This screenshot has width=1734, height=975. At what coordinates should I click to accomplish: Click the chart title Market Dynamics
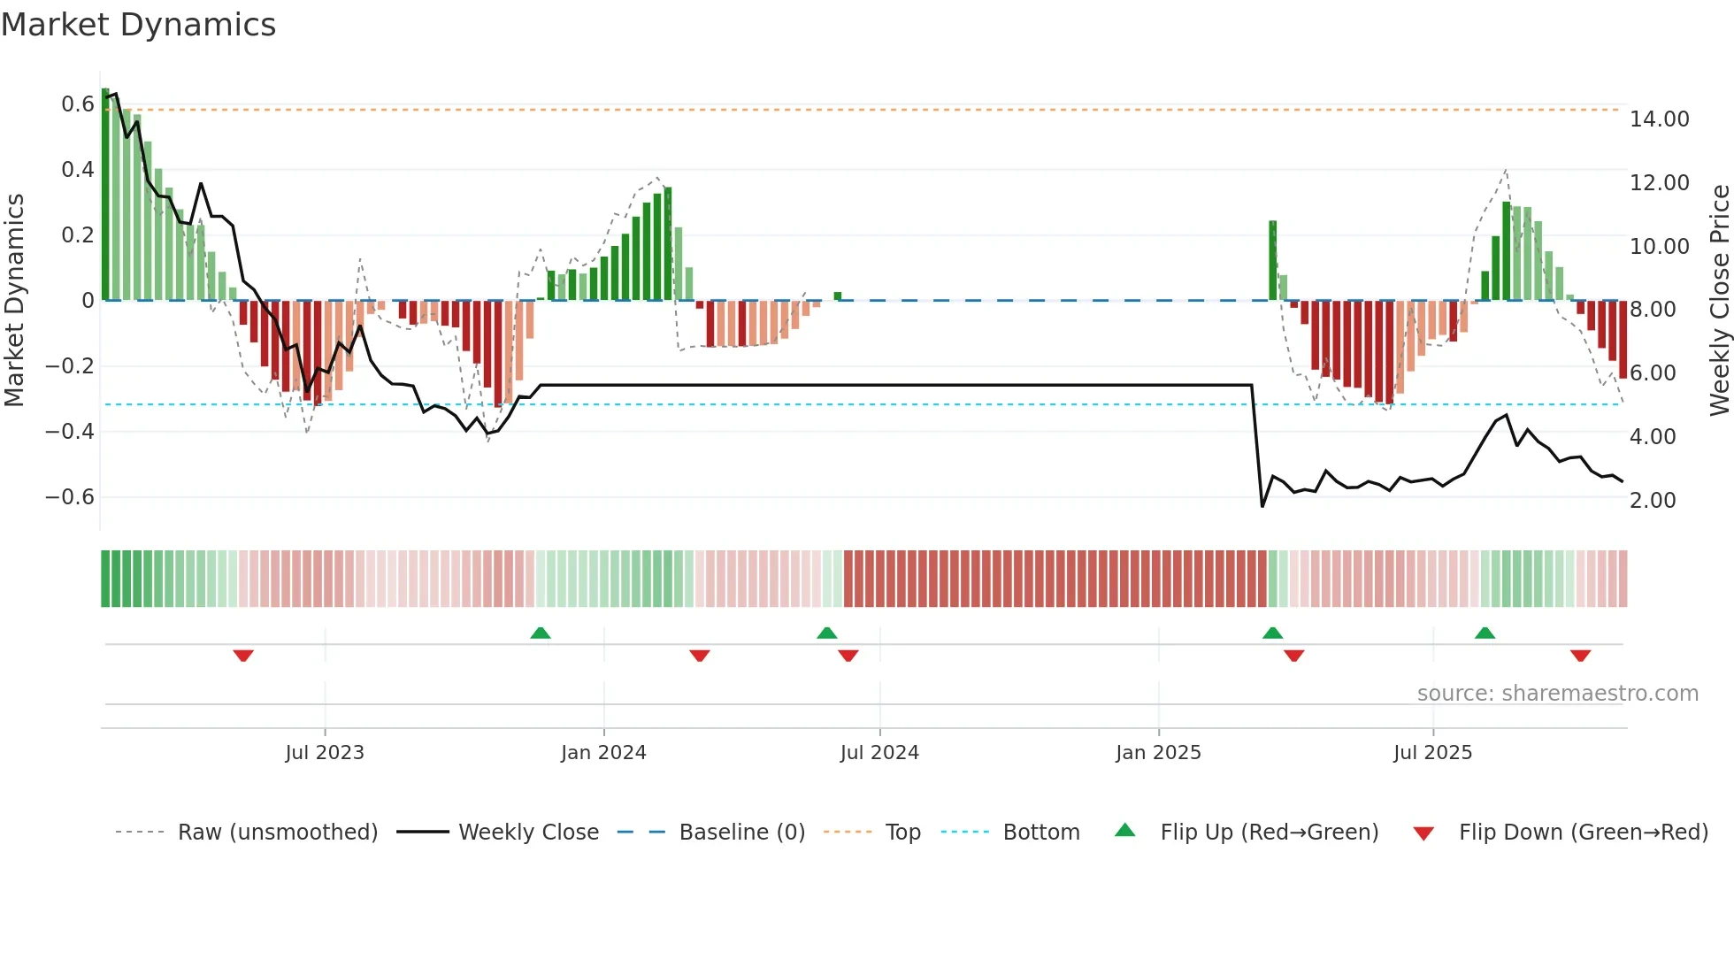tap(139, 25)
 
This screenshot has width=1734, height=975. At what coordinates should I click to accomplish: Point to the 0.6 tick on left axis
tap(77, 104)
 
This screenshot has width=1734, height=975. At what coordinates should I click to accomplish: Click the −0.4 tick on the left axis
tap(70, 432)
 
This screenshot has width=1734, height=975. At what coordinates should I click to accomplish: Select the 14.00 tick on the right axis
tap(1659, 119)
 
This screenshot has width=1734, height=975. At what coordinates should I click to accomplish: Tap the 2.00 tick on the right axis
tap(1652, 501)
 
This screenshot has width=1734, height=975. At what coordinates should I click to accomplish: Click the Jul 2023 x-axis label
tap(325, 753)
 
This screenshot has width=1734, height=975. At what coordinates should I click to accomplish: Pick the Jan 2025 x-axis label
tap(1158, 753)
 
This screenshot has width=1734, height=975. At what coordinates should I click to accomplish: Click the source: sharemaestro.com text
tap(1557, 694)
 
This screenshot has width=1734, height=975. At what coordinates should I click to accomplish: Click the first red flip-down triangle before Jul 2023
tap(243, 656)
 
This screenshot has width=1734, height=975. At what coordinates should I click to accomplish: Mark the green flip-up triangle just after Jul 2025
tap(1485, 633)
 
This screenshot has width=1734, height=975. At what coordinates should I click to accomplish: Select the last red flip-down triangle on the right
tap(1581, 656)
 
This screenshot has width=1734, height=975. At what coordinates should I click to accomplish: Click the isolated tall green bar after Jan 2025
tap(1272, 260)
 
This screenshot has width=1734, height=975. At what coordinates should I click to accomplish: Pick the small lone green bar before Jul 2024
tap(837, 296)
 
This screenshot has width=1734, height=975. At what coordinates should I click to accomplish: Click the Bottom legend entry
tap(1040, 833)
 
